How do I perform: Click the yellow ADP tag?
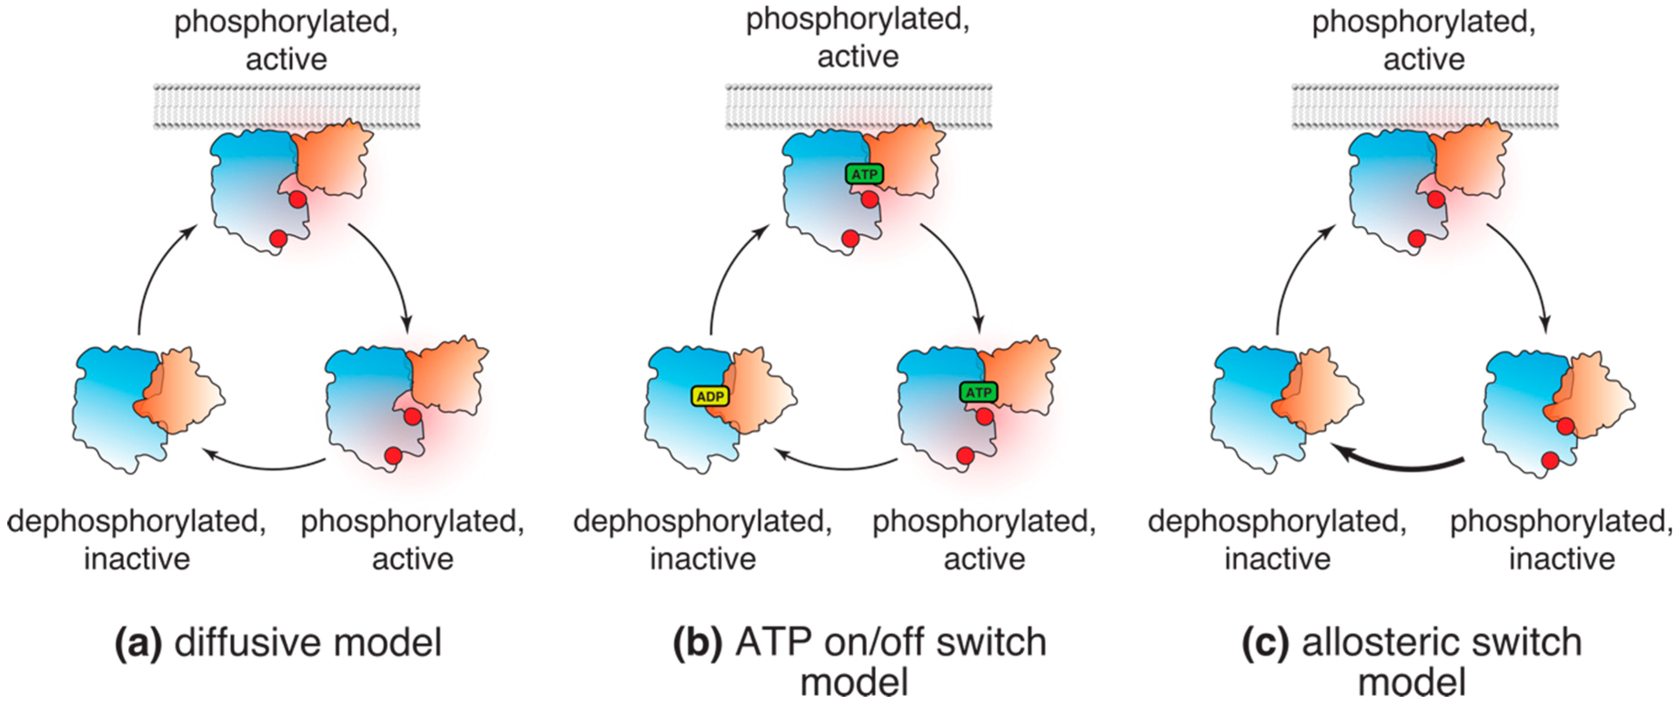(x=710, y=396)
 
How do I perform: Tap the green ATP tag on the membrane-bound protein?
(x=865, y=174)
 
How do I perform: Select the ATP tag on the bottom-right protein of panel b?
(x=978, y=392)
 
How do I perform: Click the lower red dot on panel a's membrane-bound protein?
(x=278, y=239)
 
